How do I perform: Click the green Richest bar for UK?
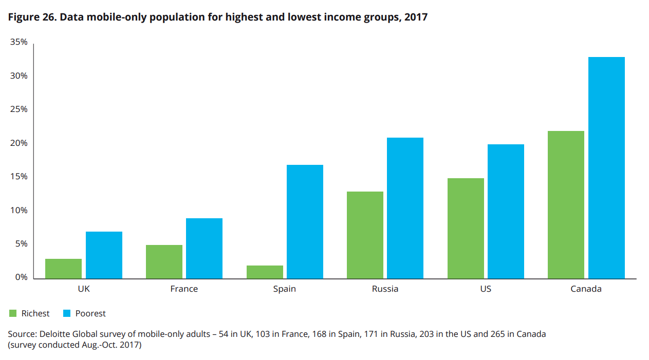[x=63, y=269]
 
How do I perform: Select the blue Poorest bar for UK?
[x=104, y=255]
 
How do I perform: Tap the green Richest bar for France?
[x=164, y=262]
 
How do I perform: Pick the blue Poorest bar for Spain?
[x=305, y=222]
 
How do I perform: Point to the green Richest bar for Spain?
[x=265, y=272]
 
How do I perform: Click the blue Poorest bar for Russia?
[x=405, y=208]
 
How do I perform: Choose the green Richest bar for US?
[x=466, y=229]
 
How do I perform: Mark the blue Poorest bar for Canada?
[x=606, y=168]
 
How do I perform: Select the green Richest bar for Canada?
[x=566, y=205]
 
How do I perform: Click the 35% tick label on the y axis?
[x=19, y=42]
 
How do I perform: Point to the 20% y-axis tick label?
[x=19, y=143]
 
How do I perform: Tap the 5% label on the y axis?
[x=21, y=244]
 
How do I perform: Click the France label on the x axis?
[x=184, y=289]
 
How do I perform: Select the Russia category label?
[x=385, y=289]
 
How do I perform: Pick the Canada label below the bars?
[x=586, y=289]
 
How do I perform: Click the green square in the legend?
[x=12, y=313]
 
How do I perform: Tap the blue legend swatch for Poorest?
[x=66, y=313]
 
